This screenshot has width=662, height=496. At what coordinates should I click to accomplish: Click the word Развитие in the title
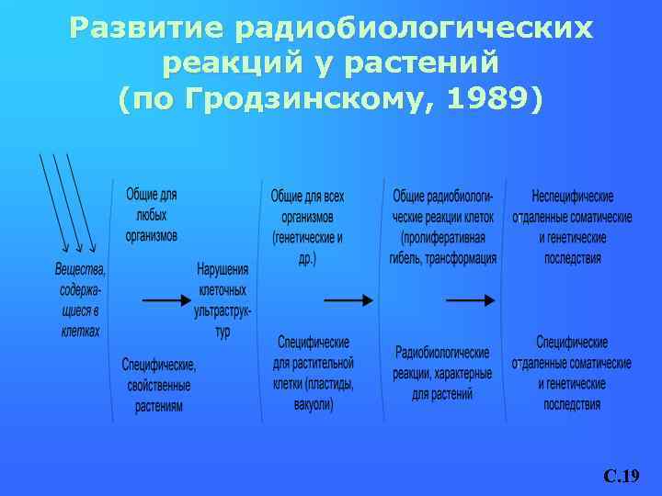(x=146, y=29)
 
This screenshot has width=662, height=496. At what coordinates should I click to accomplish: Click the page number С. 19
(x=622, y=476)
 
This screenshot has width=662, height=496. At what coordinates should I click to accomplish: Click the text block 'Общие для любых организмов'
(x=152, y=215)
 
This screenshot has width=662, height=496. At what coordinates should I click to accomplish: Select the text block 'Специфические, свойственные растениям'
(x=159, y=385)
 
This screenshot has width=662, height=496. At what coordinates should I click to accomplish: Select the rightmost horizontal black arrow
(x=470, y=299)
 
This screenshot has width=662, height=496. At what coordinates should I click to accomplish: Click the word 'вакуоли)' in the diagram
(x=314, y=404)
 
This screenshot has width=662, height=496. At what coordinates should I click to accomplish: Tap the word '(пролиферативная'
(x=444, y=238)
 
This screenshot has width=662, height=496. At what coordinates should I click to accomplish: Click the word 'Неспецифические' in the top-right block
(x=573, y=197)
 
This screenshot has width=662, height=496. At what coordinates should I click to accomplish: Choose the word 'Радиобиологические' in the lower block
(x=442, y=353)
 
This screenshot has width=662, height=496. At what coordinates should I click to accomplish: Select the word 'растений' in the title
(x=432, y=63)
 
